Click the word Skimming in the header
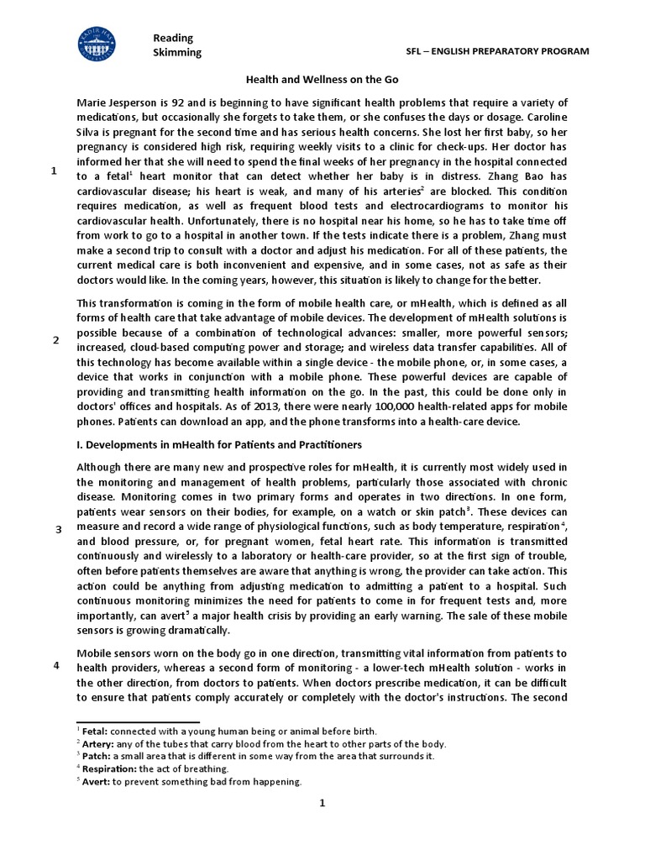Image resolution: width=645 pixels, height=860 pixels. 177,53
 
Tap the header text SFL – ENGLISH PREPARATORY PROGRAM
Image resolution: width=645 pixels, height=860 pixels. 496,51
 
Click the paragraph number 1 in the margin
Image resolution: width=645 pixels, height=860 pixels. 55,171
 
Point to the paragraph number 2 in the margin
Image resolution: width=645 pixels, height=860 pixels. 55,340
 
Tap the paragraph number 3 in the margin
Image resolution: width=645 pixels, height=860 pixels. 58,529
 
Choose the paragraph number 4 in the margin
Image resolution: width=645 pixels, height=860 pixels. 55,665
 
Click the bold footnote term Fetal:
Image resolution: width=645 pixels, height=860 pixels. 93,732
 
